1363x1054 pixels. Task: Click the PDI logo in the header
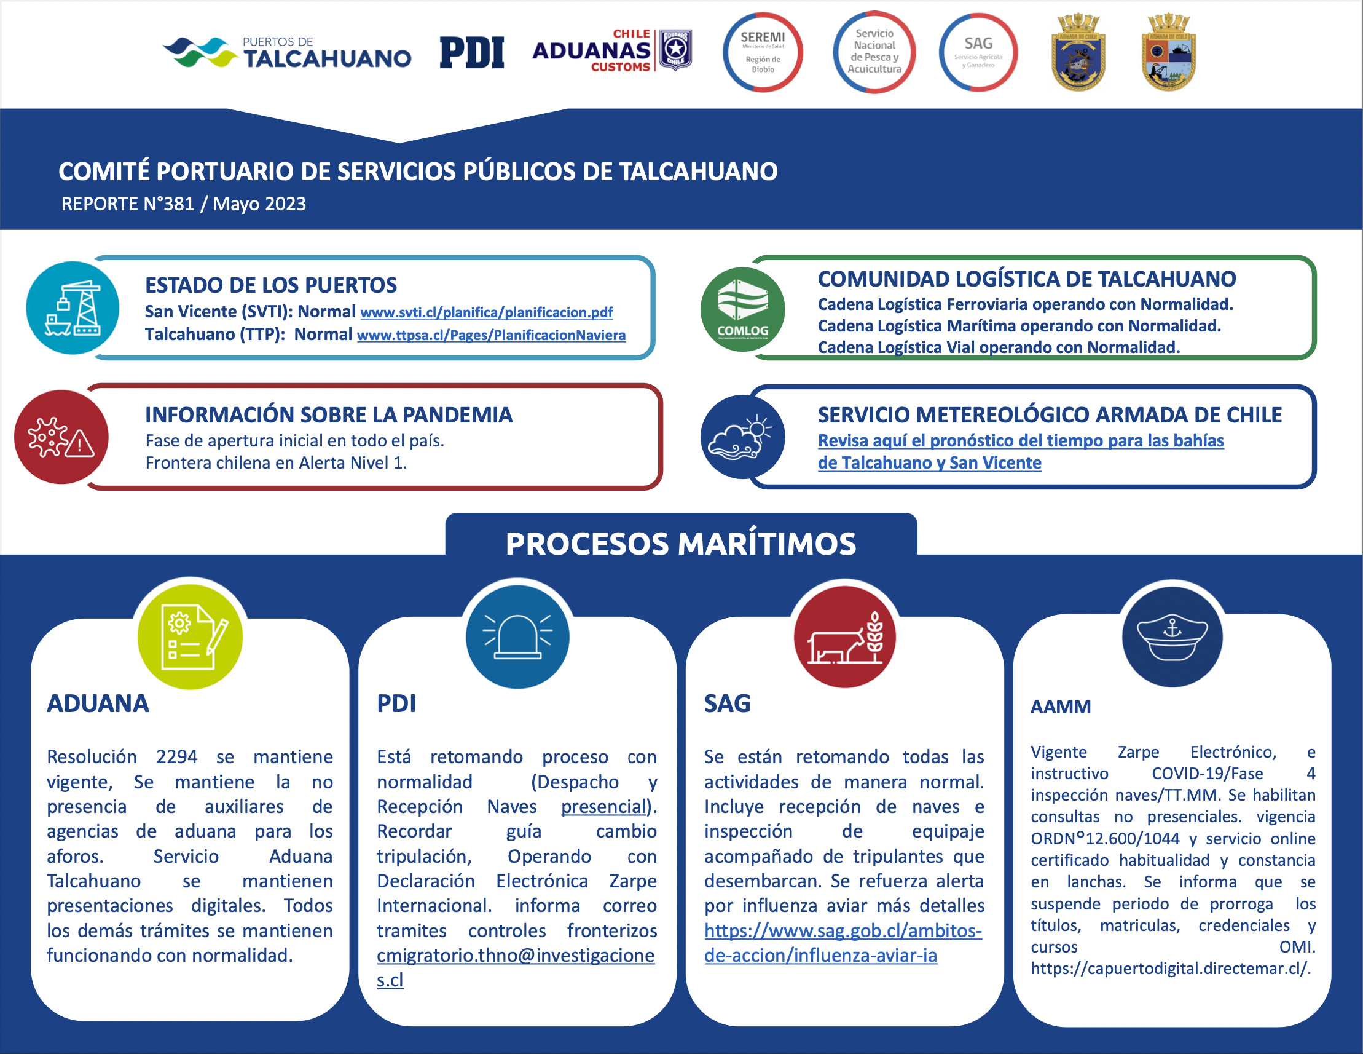[472, 52]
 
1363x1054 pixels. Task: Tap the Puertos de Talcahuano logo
[287, 52]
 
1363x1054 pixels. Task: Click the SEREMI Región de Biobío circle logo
[763, 52]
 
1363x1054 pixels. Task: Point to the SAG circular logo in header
[978, 52]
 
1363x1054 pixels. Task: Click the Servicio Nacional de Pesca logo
[874, 52]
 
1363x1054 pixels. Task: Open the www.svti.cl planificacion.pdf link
[487, 312]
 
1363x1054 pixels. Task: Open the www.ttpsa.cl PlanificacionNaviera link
[491, 335]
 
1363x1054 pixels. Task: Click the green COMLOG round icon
[743, 309]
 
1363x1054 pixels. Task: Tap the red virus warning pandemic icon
[61, 437]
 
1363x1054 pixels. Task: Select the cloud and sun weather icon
[743, 437]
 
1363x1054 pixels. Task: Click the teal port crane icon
[73, 308]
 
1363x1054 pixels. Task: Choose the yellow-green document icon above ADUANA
[191, 637]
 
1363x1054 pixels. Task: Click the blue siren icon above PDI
[517, 637]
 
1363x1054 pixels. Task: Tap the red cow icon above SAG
[844, 637]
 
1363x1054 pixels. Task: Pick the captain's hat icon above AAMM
[1172, 637]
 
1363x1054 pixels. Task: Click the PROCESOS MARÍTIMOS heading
[681, 543]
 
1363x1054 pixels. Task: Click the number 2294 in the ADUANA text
[176, 757]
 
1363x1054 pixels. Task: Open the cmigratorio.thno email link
[516, 967]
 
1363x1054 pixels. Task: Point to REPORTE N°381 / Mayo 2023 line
[184, 204]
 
